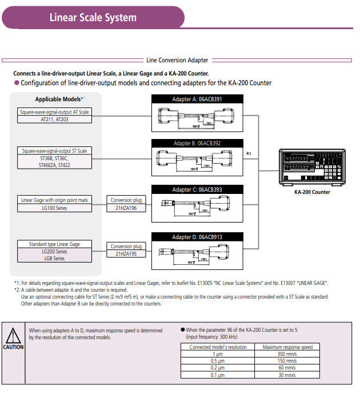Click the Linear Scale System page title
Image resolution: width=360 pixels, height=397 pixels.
93,17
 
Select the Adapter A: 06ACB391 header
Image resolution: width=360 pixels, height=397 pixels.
197,99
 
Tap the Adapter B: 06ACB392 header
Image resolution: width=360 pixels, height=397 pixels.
197,143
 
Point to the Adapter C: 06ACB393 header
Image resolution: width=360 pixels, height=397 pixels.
197,189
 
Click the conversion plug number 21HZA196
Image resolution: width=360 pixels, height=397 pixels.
126,208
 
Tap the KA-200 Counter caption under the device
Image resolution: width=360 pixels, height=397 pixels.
312,192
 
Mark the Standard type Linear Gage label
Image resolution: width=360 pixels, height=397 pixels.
54,244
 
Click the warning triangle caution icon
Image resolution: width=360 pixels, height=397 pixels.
13,335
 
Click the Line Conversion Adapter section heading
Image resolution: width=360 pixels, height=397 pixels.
178,60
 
